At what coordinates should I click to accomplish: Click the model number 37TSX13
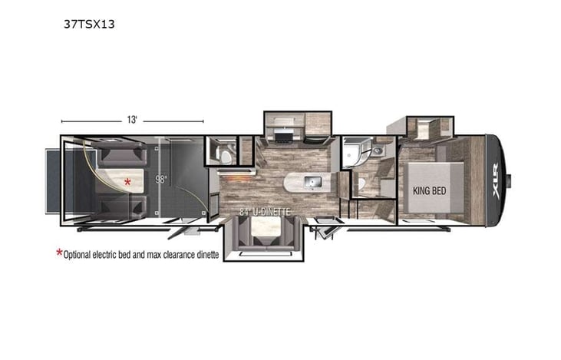pos(89,23)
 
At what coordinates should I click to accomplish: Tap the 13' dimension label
pos(132,120)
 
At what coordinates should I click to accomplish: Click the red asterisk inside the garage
pos(129,183)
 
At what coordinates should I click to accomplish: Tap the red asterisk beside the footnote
pos(59,253)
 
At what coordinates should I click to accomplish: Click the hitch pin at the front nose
pos(508,181)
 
